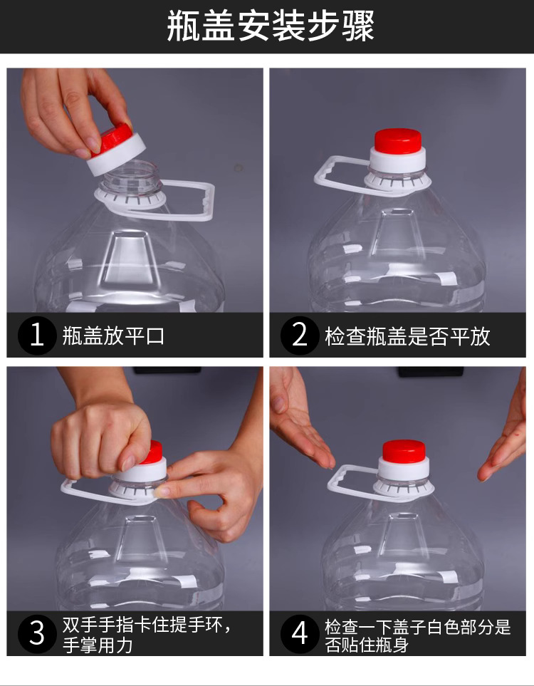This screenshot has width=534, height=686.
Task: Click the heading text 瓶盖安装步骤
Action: pyautogui.click(x=271, y=26)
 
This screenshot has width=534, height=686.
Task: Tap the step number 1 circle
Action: pyautogui.click(x=37, y=336)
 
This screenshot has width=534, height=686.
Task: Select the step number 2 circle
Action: pyautogui.click(x=300, y=336)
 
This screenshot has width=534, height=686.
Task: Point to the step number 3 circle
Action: pyautogui.click(x=37, y=633)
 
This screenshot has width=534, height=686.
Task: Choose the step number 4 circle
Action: pyautogui.click(x=300, y=633)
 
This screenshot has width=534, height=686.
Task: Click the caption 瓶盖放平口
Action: pyautogui.click(x=113, y=336)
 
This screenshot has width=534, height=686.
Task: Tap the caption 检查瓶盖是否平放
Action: pyautogui.click(x=407, y=336)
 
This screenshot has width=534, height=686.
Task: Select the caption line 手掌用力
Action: pyautogui.click(x=98, y=645)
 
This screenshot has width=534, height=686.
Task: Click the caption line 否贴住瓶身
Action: pyautogui.click(x=367, y=645)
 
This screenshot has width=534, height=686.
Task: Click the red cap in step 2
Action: pyautogui.click(x=398, y=141)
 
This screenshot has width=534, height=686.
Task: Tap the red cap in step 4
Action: pyautogui.click(x=404, y=453)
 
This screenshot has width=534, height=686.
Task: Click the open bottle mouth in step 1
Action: pyautogui.click(x=131, y=177)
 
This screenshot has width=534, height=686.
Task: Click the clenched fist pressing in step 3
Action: pyautogui.click(x=100, y=441)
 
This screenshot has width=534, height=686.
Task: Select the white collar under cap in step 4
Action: pyautogui.click(x=404, y=469)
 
